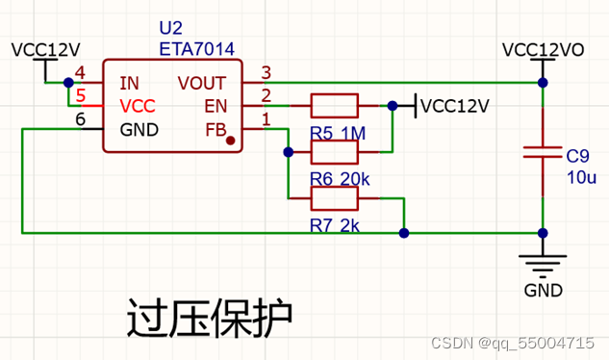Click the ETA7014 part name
click(x=196, y=48)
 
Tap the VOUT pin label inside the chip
click(x=202, y=83)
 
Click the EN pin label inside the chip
click(x=216, y=106)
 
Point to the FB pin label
click(x=216, y=129)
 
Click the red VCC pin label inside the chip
click(x=138, y=106)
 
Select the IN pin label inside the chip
click(x=128, y=83)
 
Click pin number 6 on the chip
click(x=80, y=117)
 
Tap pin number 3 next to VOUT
click(x=266, y=71)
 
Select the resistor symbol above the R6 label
click(x=334, y=151)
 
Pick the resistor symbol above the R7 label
click(x=334, y=198)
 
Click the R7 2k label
click(x=335, y=225)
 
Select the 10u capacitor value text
click(x=581, y=177)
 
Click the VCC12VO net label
click(x=543, y=49)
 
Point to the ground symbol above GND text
click(x=543, y=260)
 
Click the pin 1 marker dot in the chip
click(x=231, y=141)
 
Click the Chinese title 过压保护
click(x=208, y=318)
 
